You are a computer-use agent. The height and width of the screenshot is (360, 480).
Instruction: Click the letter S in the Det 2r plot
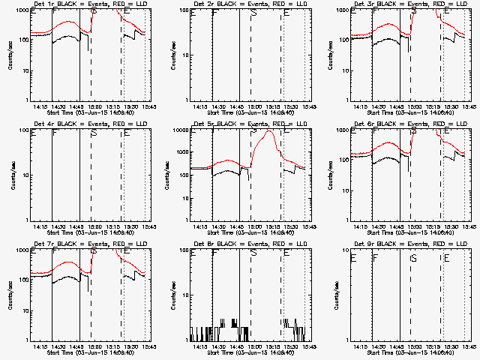tap(253, 13)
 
